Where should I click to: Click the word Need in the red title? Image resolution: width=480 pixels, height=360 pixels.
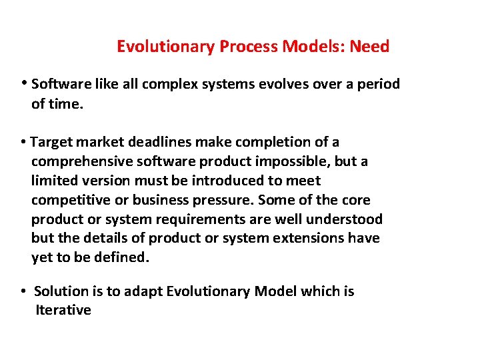[369, 47]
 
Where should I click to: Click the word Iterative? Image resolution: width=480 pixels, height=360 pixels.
[63, 310]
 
